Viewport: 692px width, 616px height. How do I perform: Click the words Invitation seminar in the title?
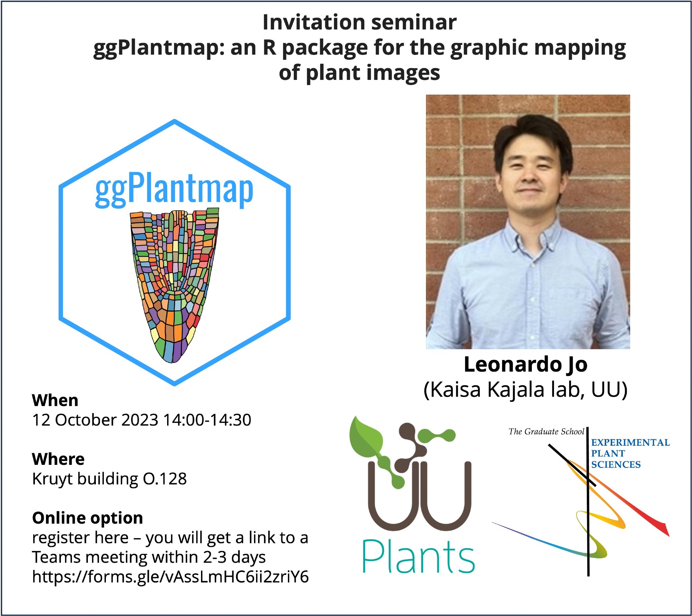(359, 22)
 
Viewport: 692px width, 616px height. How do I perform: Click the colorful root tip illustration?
(174, 285)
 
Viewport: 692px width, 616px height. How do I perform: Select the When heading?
(55, 401)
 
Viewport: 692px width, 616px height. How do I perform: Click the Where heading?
(58, 459)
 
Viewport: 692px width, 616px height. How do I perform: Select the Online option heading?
(88, 518)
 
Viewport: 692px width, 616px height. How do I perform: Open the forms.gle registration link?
(170, 577)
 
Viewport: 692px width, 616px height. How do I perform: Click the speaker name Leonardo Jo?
(526, 365)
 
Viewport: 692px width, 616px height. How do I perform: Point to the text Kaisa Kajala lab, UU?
(526, 390)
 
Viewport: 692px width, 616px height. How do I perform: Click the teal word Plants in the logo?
(418, 557)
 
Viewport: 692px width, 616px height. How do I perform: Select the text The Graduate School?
(546, 432)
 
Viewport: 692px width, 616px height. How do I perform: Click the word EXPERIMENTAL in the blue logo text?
(630, 443)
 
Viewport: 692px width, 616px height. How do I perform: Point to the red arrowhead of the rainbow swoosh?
(664, 529)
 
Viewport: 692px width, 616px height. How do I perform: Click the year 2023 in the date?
(140, 420)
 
